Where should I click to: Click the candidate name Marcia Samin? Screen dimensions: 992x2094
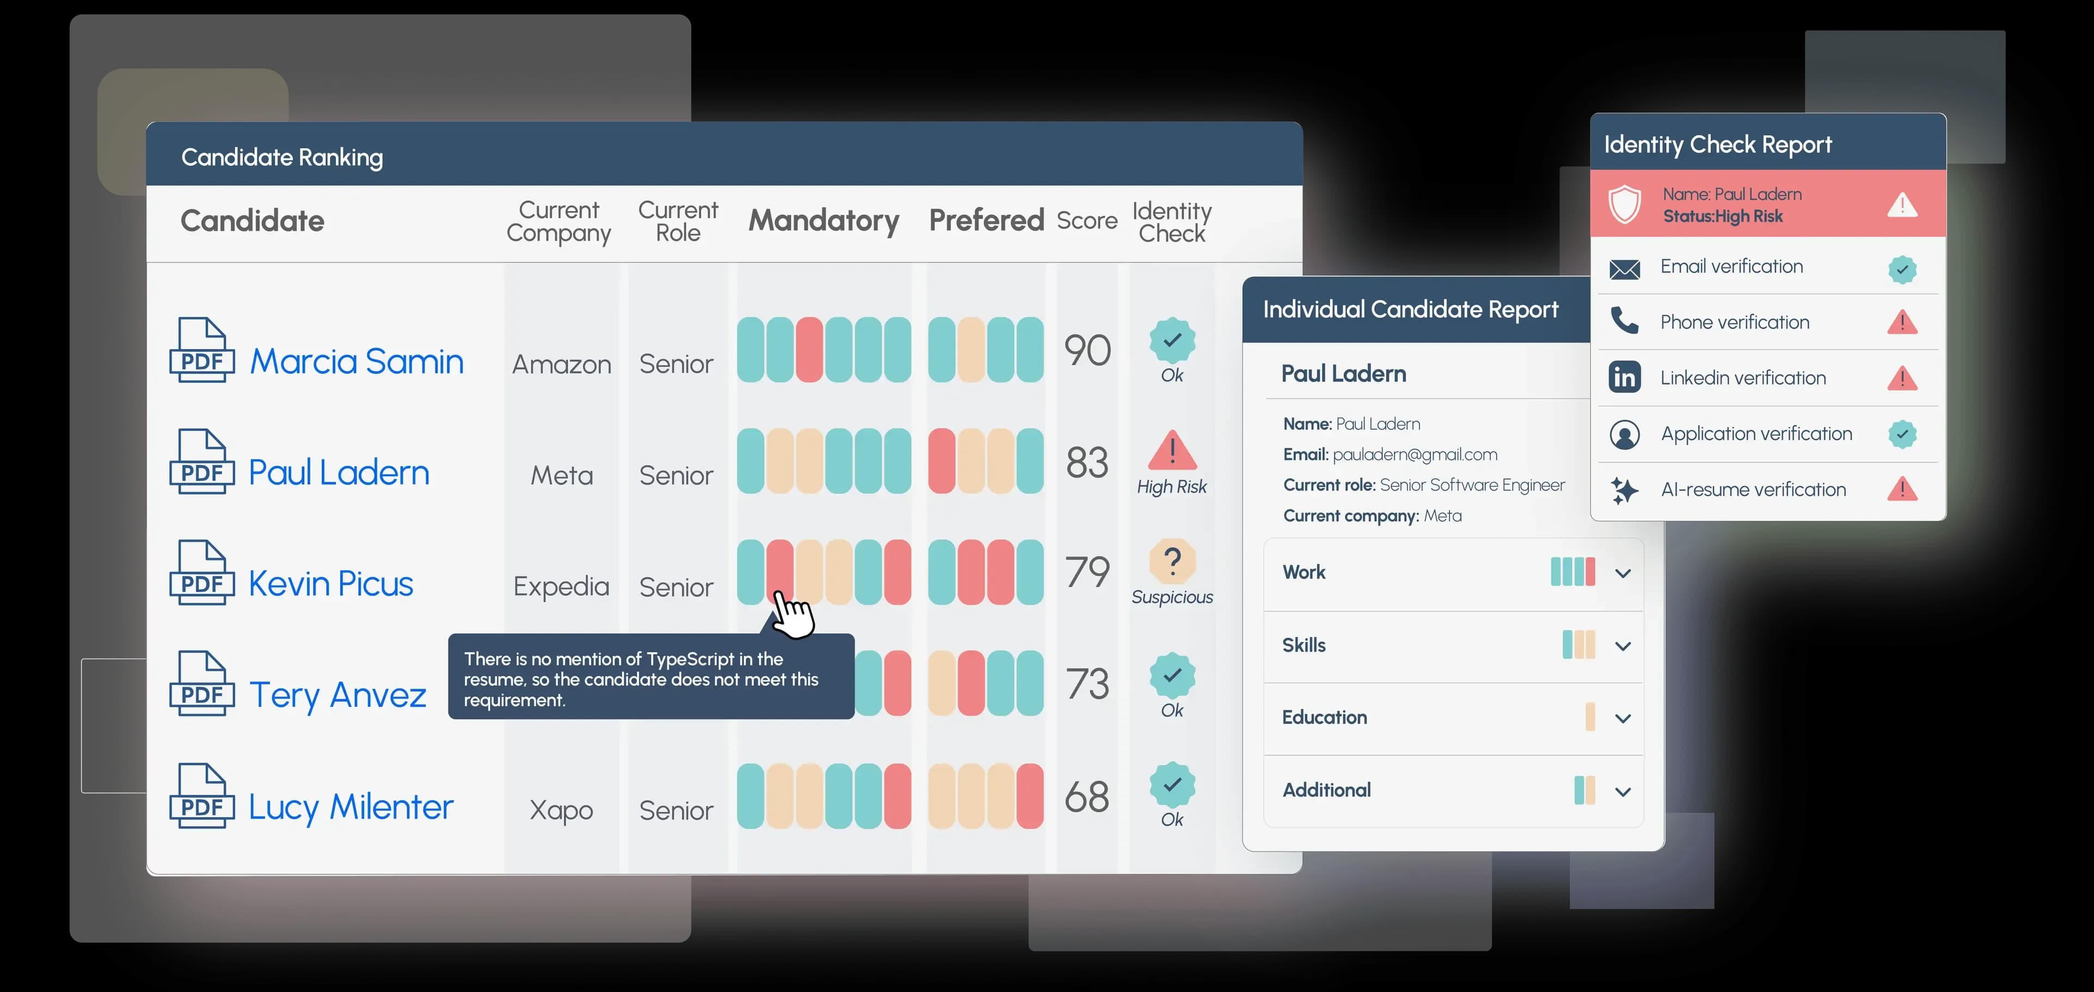pyautogui.click(x=356, y=361)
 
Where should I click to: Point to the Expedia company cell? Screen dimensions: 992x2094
pyautogui.click(x=561, y=586)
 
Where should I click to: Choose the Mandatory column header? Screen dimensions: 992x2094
pyautogui.click(x=823, y=220)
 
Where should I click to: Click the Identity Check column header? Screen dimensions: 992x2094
pyautogui.click(x=1171, y=222)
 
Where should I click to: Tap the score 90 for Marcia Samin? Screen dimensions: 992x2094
pyautogui.click(x=1087, y=351)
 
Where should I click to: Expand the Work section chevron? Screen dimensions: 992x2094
pyautogui.click(x=1622, y=573)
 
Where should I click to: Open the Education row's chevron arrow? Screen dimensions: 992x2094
pyautogui.click(x=1622, y=719)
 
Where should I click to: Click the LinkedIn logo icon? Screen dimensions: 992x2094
pyautogui.click(x=1624, y=377)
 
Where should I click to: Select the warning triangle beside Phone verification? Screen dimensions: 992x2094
pyautogui.click(x=1902, y=323)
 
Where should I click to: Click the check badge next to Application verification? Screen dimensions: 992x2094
pyautogui.click(x=1902, y=434)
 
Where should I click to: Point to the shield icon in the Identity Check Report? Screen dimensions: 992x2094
pyautogui.click(x=1624, y=204)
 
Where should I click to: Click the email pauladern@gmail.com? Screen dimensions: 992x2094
pyautogui.click(x=1415, y=454)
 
